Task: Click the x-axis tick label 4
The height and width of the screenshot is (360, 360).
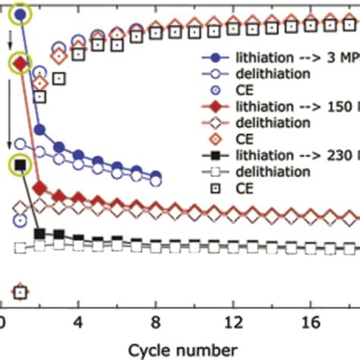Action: click(x=78, y=321)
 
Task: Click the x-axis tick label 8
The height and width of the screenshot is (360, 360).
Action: click(x=156, y=321)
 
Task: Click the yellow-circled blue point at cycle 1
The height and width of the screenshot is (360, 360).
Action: click(x=21, y=14)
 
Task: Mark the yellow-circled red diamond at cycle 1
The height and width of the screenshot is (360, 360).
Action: click(x=21, y=64)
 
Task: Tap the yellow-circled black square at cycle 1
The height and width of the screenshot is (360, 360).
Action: click(x=21, y=164)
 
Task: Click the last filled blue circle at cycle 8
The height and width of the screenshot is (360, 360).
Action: click(x=156, y=175)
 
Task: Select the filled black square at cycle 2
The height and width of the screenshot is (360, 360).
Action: click(x=39, y=232)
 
